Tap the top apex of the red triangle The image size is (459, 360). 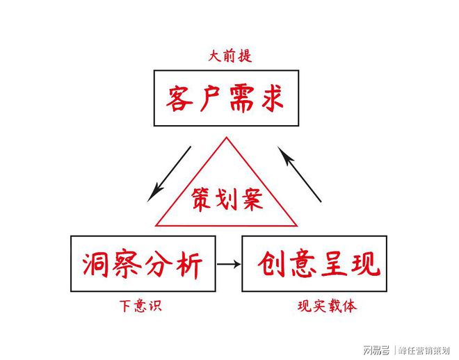point(227,138)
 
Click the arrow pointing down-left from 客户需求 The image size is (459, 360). point(169,174)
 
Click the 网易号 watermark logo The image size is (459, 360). point(376,350)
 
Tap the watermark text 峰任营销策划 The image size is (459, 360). point(425,350)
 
